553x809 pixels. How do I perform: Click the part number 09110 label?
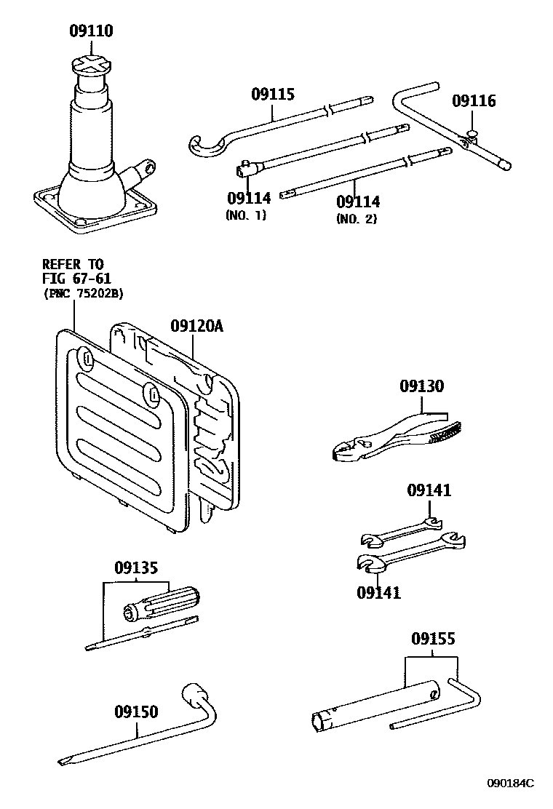[91, 31]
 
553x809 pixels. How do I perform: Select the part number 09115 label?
[273, 94]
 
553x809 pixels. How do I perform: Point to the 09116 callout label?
[474, 100]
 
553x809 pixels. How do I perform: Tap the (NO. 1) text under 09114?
[247, 215]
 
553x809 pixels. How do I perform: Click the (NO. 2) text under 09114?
[357, 218]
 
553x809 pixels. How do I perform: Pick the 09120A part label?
[196, 326]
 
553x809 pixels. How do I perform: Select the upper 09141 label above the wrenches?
[429, 491]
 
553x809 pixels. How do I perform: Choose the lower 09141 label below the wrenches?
[378, 592]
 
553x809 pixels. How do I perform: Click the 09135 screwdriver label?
[135, 567]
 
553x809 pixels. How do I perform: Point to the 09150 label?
[135, 711]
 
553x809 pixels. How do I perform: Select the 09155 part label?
[432, 639]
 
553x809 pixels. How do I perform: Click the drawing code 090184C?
[509, 783]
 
